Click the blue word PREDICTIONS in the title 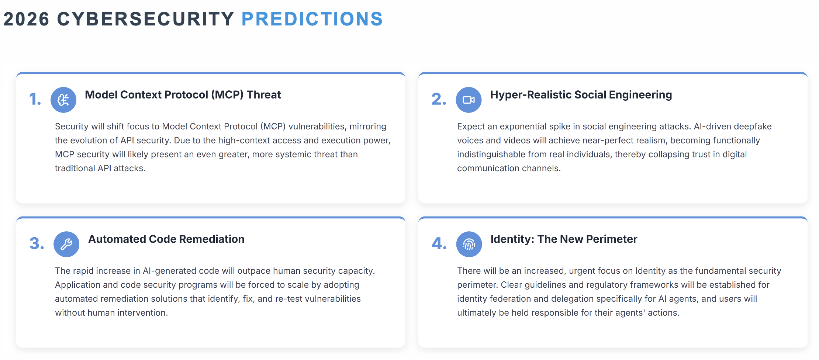pyautogui.click(x=312, y=19)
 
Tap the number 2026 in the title pyautogui.click(x=26, y=19)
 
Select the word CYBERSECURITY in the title pyautogui.click(x=146, y=19)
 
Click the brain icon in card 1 pyautogui.click(x=63, y=100)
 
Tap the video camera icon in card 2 pyautogui.click(x=469, y=100)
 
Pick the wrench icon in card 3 pyautogui.click(x=66, y=244)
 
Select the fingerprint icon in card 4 pyautogui.click(x=469, y=244)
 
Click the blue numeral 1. pyautogui.click(x=35, y=99)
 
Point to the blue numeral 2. pyautogui.click(x=438, y=99)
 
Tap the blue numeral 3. pyautogui.click(x=37, y=243)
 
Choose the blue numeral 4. pyautogui.click(x=439, y=243)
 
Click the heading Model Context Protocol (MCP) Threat pyautogui.click(x=183, y=95)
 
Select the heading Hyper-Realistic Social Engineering pyautogui.click(x=581, y=95)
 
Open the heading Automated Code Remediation pyautogui.click(x=166, y=239)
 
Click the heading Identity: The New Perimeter pyautogui.click(x=563, y=239)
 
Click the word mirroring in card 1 pyautogui.click(x=367, y=127)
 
